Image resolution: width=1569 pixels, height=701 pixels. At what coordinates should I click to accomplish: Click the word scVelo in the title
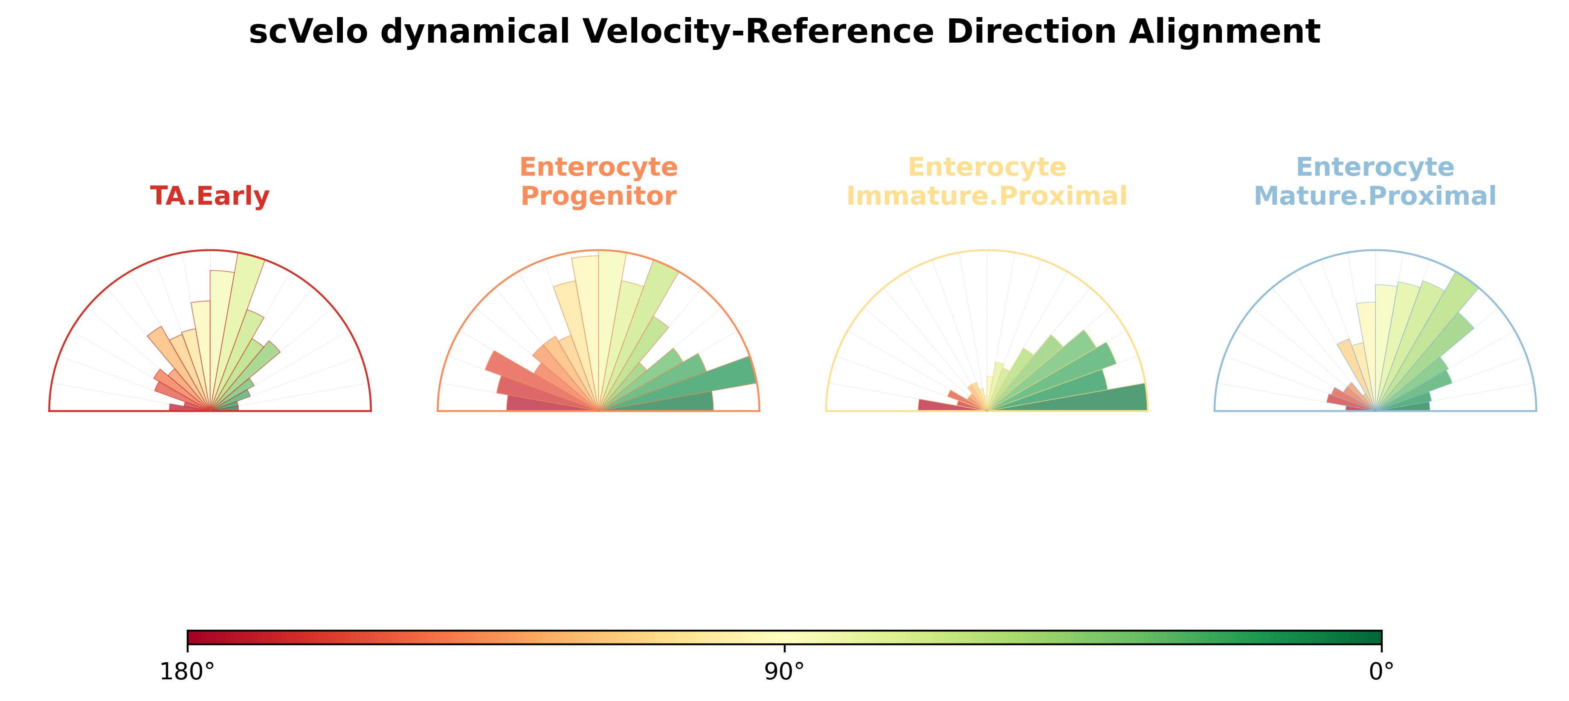coord(308,31)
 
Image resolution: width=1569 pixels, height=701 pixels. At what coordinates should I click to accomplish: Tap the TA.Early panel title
coord(209,196)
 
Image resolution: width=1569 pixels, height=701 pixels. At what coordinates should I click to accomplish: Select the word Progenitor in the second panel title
coord(599,196)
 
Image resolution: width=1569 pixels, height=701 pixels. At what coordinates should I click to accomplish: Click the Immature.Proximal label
coord(987,196)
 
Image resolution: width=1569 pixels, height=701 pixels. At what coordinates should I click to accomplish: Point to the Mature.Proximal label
coord(1375,196)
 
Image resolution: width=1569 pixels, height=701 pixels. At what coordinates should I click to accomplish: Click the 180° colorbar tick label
coord(187,672)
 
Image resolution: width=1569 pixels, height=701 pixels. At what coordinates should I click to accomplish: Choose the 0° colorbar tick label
coord(1381,672)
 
